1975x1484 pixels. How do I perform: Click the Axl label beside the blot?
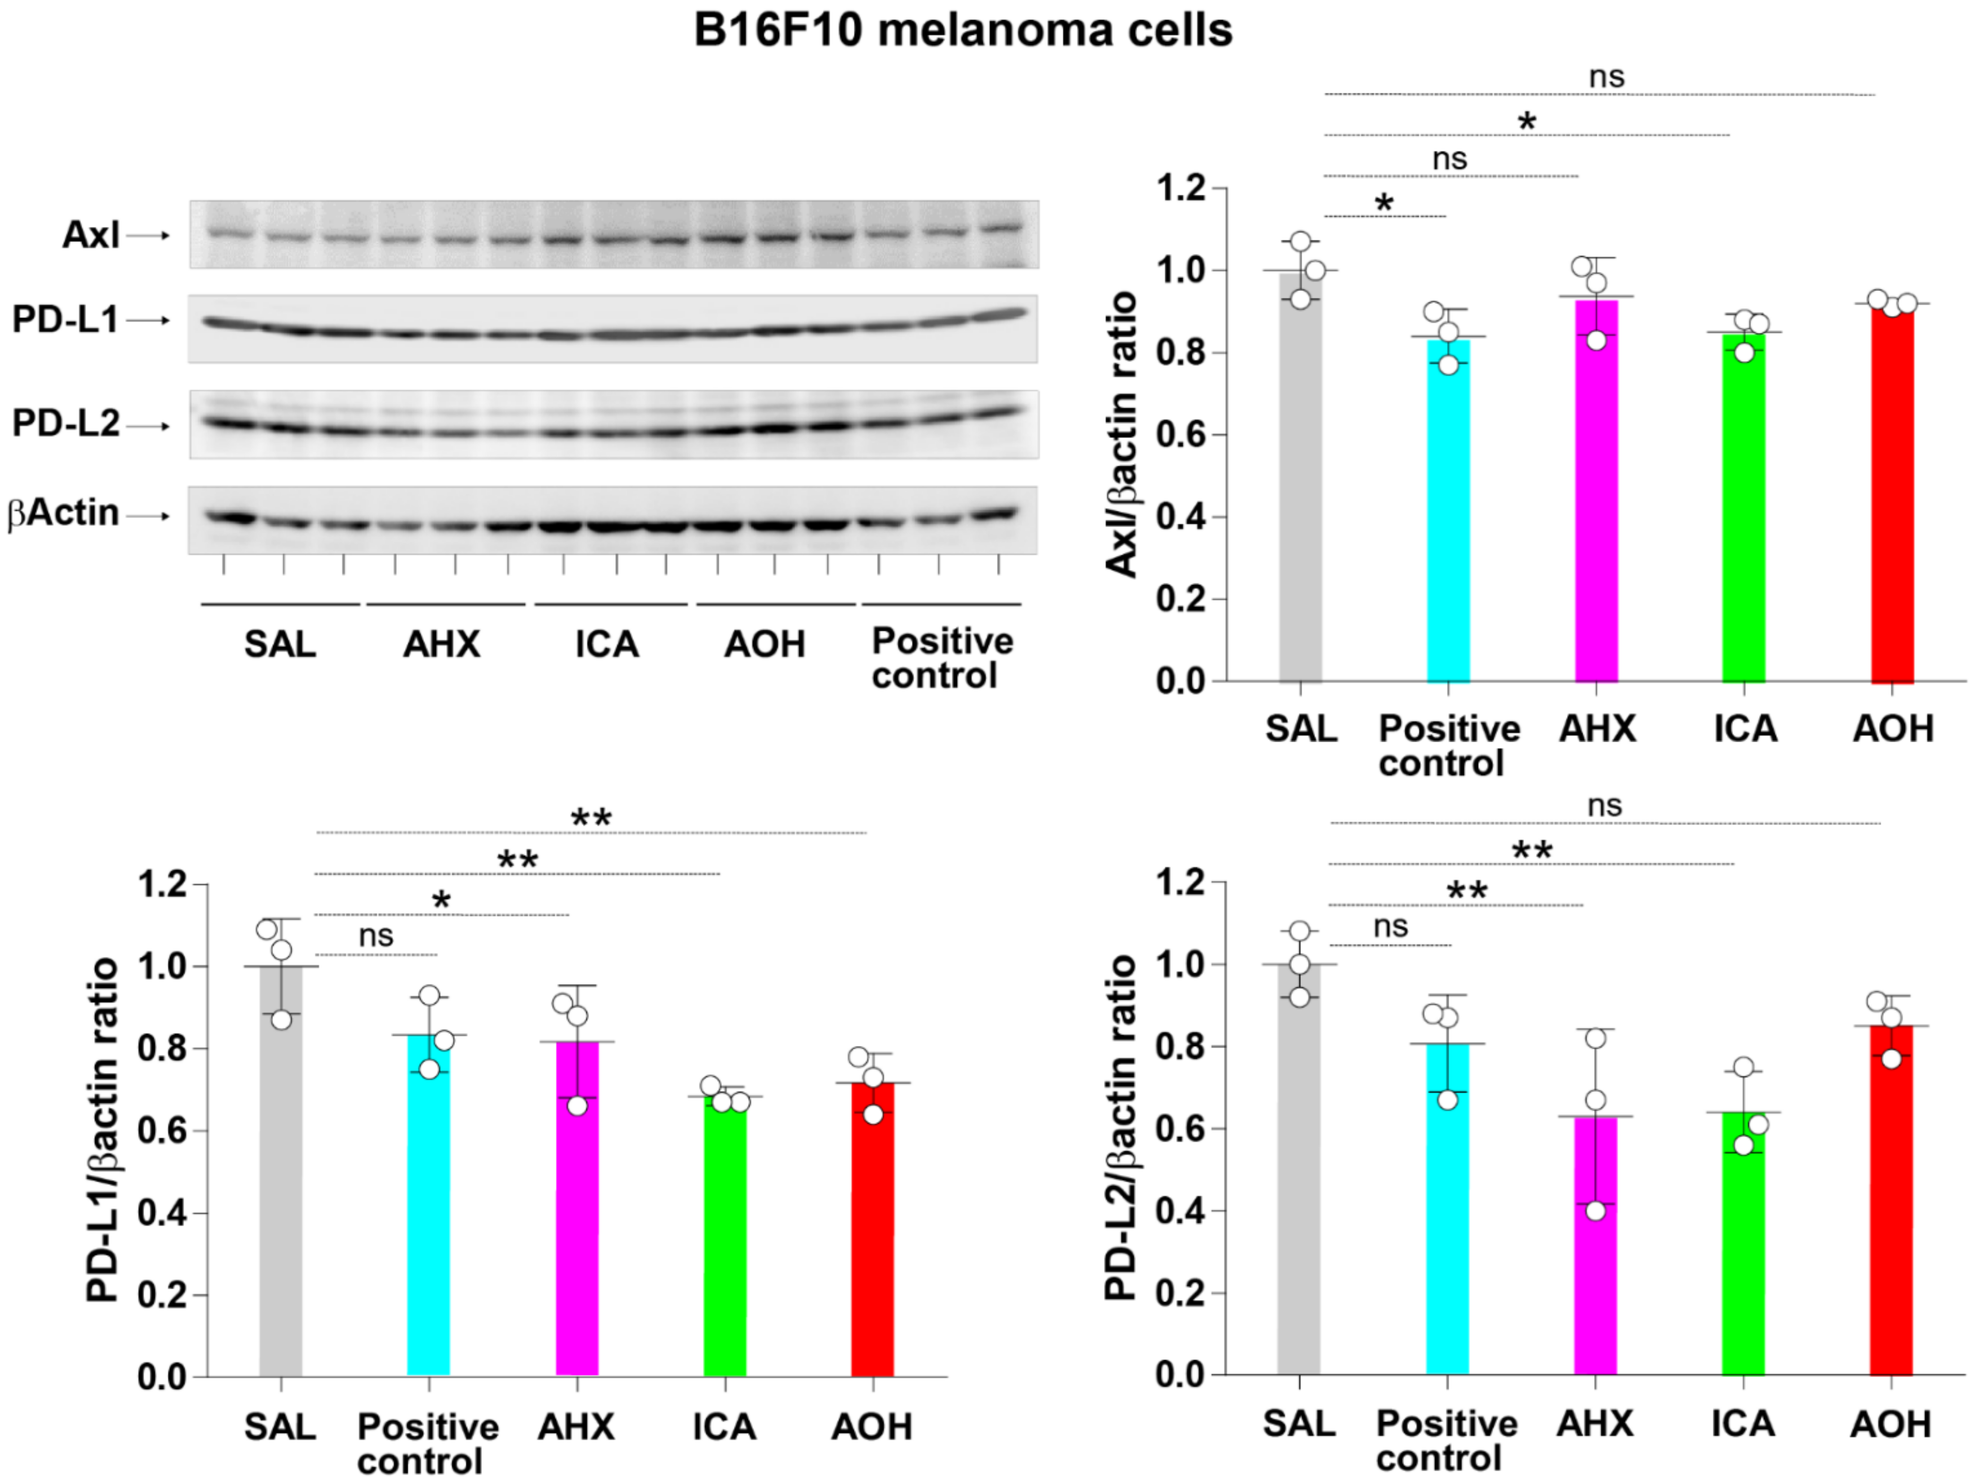tap(90, 235)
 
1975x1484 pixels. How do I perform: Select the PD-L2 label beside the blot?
tap(65, 423)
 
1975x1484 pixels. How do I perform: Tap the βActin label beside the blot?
tap(62, 513)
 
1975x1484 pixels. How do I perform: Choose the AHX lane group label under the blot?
tap(441, 644)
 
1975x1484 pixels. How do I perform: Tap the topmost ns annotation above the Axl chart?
tap(1606, 78)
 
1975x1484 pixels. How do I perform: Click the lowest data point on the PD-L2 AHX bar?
tap(1596, 1211)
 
